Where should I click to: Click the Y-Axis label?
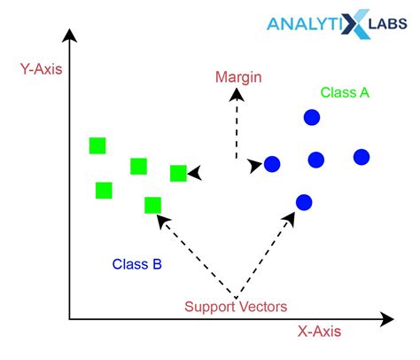coord(42,69)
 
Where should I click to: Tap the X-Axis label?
coord(319,332)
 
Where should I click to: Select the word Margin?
coord(238,77)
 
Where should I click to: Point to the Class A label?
coord(345,92)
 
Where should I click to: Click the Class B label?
coord(137,264)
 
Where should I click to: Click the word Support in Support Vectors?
coord(208,308)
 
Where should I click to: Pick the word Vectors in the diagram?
coord(261,307)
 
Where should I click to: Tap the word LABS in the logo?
coord(388,24)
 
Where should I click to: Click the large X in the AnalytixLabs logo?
coord(355,24)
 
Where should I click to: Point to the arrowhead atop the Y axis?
coord(69,35)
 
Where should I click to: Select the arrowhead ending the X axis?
coord(387,319)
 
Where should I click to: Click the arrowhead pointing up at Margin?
coord(237,95)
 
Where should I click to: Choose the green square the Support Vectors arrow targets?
coord(153,205)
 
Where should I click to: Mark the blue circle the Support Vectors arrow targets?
coord(304,202)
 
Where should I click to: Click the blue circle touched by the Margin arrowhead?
coord(272,164)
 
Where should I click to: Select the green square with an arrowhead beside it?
coord(178,173)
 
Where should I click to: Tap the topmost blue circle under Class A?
coord(312,117)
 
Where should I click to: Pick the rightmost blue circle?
coord(362,157)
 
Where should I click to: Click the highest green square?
coord(97,145)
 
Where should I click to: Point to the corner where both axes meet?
coord(69,319)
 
